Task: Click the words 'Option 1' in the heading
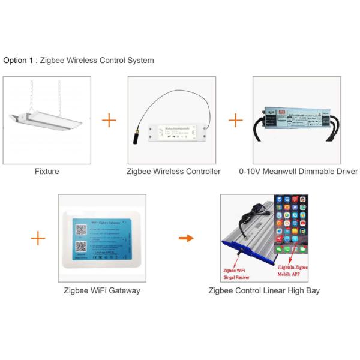click(15, 61)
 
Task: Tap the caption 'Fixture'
click(47, 172)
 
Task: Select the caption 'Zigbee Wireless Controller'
click(173, 172)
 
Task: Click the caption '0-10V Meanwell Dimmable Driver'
click(298, 172)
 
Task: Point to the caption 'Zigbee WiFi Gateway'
click(102, 290)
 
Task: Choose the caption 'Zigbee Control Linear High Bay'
click(264, 290)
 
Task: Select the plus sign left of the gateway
click(38, 238)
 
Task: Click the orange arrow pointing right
click(187, 238)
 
